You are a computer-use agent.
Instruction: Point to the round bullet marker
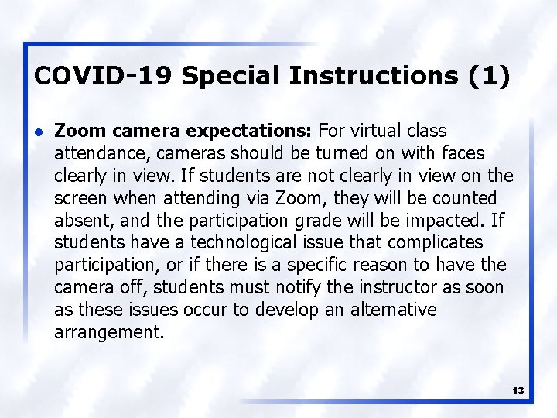[39, 132]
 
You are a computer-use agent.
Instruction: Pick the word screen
[81, 198]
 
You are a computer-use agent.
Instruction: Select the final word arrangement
[108, 333]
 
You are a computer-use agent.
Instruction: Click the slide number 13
[518, 391]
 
